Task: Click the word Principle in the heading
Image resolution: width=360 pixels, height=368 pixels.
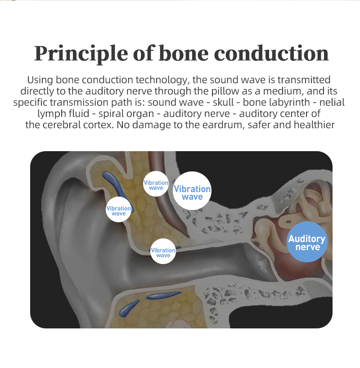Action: (81, 54)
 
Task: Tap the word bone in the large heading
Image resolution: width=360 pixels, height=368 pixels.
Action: (184, 54)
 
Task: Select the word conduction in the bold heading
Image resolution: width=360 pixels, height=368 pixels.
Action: (271, 54)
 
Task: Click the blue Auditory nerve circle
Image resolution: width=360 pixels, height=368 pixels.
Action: (307, 242)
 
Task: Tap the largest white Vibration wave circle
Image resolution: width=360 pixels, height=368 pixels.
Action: (192, 191)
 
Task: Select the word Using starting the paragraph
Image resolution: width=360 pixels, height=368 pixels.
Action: (40, 80)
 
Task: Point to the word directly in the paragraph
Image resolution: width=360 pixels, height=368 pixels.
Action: (37, 91)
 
